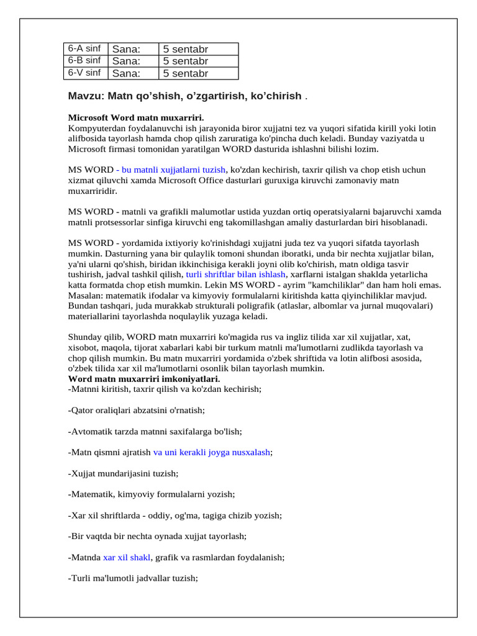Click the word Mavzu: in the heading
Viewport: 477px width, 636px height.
point(86,96)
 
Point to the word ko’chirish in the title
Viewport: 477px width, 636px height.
point(276,96)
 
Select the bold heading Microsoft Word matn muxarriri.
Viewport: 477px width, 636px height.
point(135,117)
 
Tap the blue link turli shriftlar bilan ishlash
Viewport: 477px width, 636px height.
point(236,274)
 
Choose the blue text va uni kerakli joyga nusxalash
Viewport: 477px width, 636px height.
point(212,453)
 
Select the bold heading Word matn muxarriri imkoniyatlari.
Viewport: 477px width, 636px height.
point(143,379)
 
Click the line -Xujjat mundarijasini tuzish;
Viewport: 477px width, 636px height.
point(123,473)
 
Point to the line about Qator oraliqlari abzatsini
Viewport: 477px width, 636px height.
point(136,411)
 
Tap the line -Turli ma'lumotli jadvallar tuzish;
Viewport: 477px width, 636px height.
point(132,578)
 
